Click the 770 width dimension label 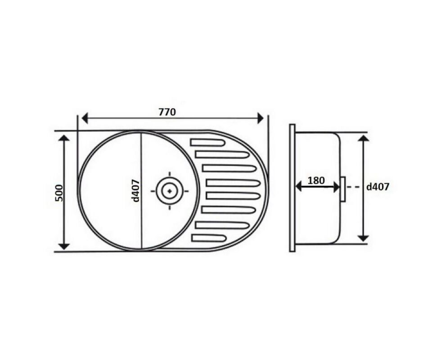(x=167, y=112)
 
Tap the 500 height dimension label (x=59, y=193)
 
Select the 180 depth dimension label (x=316, y=180)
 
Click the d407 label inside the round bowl (x=135, y=190)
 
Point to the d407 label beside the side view (x=378, y=187)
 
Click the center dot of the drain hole (x=170, y=191)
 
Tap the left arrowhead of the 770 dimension (x=85, y=118)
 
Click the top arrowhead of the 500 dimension (x=64, y=138)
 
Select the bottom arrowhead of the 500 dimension (x=64, y=246)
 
